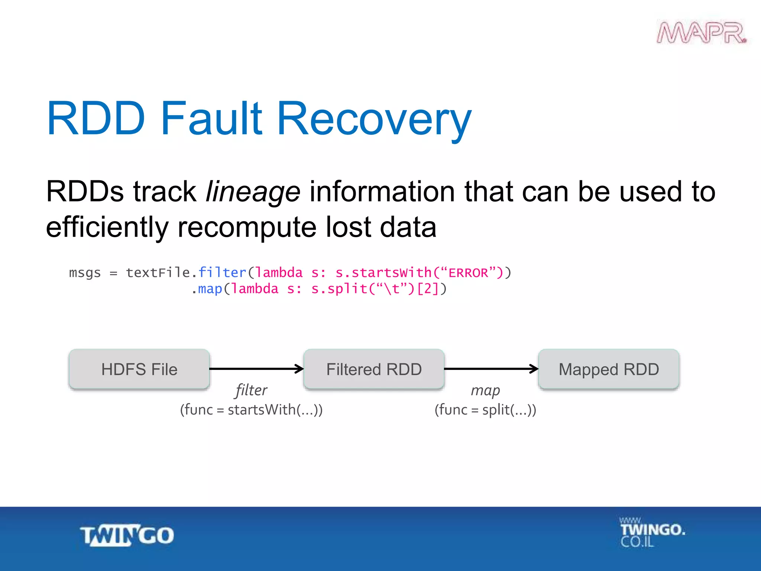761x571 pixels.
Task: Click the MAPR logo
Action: pyautogui.click(x=702, y=33)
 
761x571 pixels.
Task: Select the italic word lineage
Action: pyautogui.click(x=253, y=192)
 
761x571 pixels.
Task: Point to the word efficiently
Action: pyautogui.click(x=107, y=228)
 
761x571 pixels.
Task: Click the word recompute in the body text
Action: pyautogui.click(x=247, y=228)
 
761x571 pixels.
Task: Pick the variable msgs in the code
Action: pyautogui.click(x=85, y=273)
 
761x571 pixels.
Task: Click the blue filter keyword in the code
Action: pyautogui.click(x=222, y=272)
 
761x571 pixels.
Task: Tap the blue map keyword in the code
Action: pyautogui.click(x=210, y=289)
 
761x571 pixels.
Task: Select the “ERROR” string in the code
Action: pyautogui.click(x=469, y=272)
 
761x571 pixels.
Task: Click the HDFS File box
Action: pyautogui.click(x=139, y=369)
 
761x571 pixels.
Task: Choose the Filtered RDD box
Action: pyautogui.click(x=374, y=369)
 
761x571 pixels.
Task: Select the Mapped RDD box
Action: pyautogui.click(x=609, y=369)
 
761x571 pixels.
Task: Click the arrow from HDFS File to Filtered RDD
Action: pyautogui.click(x=256, y=369)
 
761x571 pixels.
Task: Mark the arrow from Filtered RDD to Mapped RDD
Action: pyautogui.click(x=491, y=369)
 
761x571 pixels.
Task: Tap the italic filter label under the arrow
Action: pyautogui.click(x=251, y=390)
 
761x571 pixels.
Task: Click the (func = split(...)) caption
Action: pyautogui.click(x=485, y=410)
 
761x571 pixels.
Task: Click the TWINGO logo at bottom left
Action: pyautogui.click(x=127, y=535)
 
